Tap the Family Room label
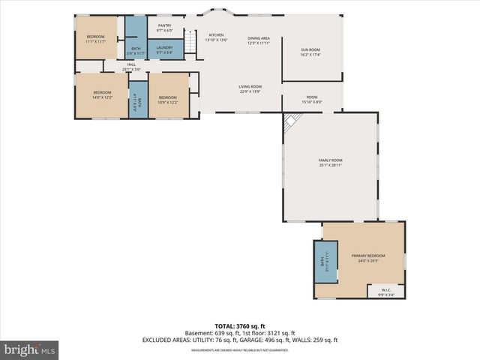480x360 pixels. coord(330,162)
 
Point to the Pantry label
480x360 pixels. coord(164,28)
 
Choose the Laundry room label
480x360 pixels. coord(164,49)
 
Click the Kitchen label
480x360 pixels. coord(216,37)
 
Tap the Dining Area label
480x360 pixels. coord(259,40)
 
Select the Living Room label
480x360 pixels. coord(250,88)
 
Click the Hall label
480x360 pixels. coord(131,67)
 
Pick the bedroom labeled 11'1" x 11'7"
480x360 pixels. coord(95,39)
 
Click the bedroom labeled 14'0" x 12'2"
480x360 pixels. coord(102,94)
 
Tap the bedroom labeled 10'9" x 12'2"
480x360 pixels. coord(167,99)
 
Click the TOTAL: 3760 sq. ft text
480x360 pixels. coord(239,325)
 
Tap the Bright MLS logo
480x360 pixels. coord(30,349)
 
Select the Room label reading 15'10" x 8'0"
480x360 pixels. coord(311,98)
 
